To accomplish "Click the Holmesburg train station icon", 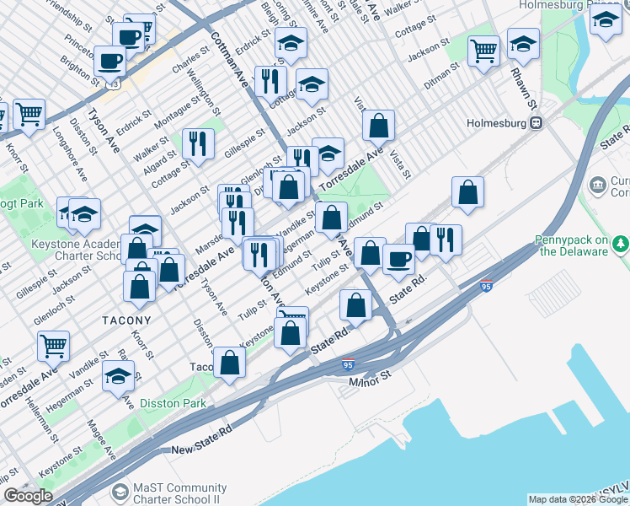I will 536,123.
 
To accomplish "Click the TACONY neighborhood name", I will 126,320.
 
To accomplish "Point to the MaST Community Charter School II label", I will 179,493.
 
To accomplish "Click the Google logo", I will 28,496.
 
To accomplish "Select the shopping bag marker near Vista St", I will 379,126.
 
